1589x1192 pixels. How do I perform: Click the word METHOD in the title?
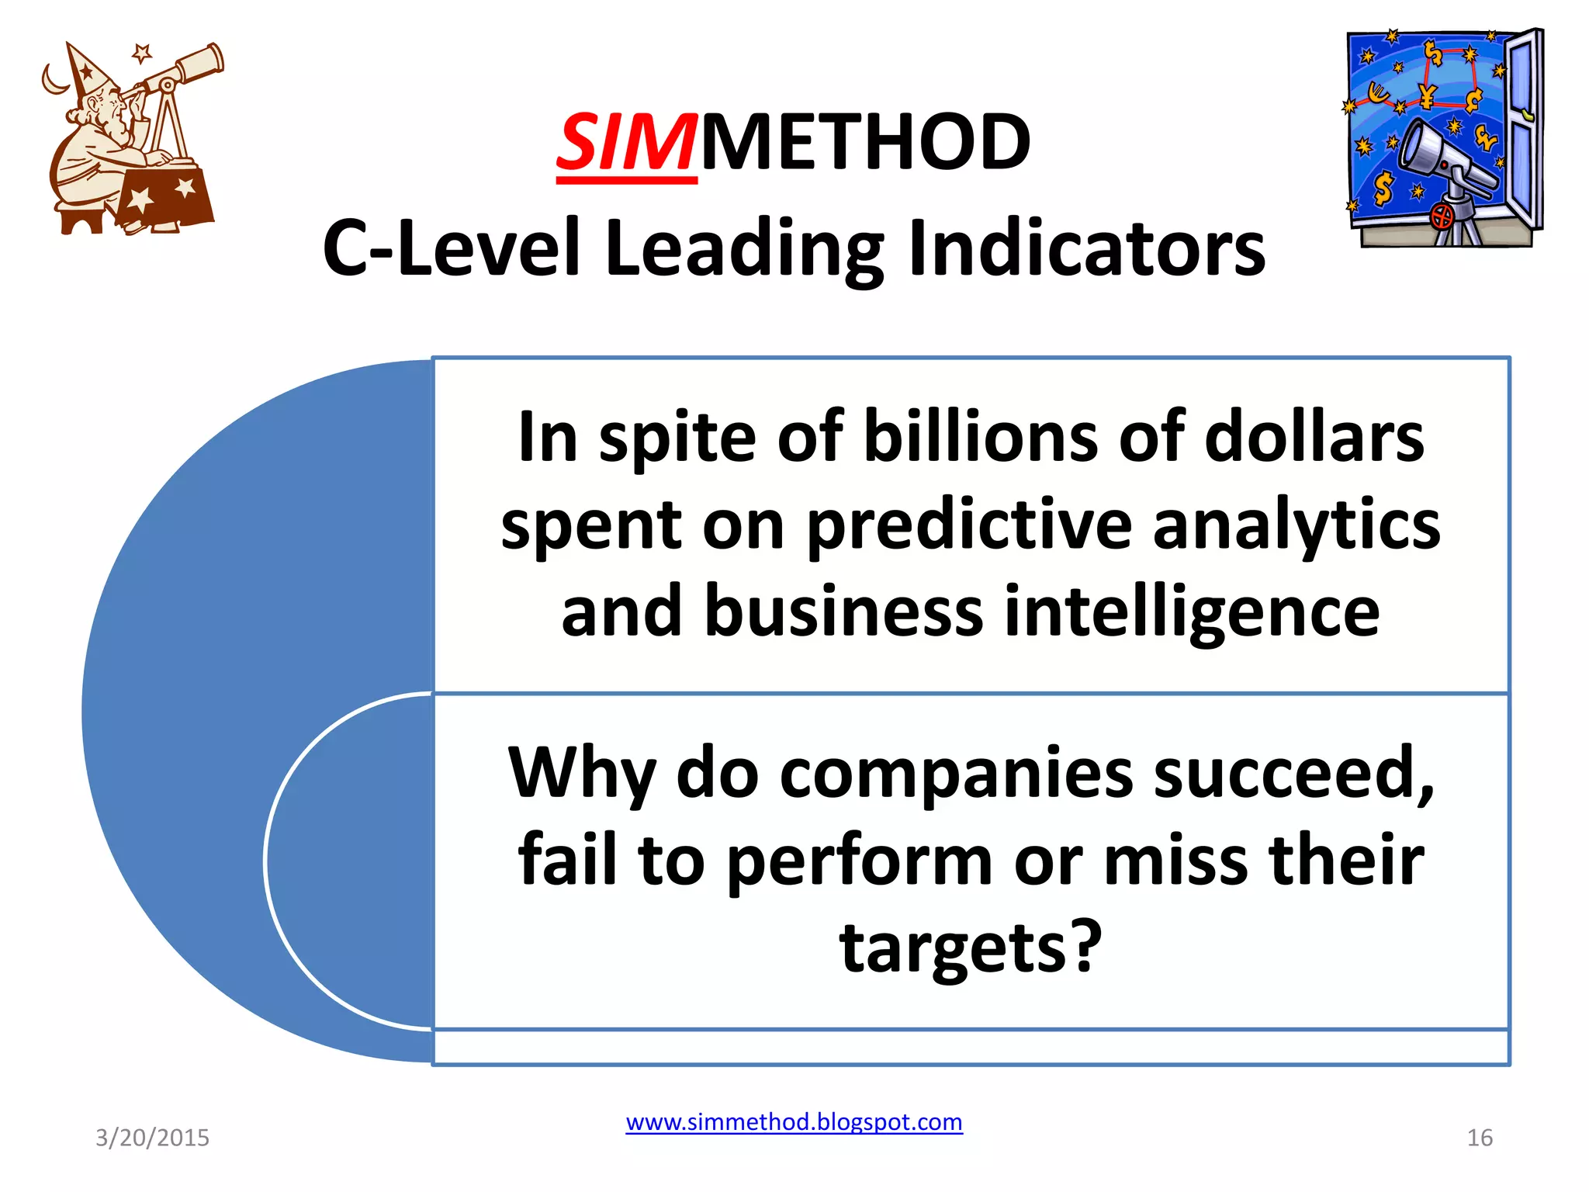point(866,144)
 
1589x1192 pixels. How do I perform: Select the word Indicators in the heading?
point(1086,248)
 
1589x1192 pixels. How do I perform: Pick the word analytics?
point(1296,525)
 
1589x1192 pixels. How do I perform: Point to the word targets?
point(971,948)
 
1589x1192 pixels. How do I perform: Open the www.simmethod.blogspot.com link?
point(794,1122)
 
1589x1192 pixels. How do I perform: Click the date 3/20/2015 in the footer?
point(152,1138)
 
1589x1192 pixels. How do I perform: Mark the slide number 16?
point(1480,1138)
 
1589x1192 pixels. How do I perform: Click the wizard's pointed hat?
point(88,70)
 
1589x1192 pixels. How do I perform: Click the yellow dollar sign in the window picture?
point(1382,189)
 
